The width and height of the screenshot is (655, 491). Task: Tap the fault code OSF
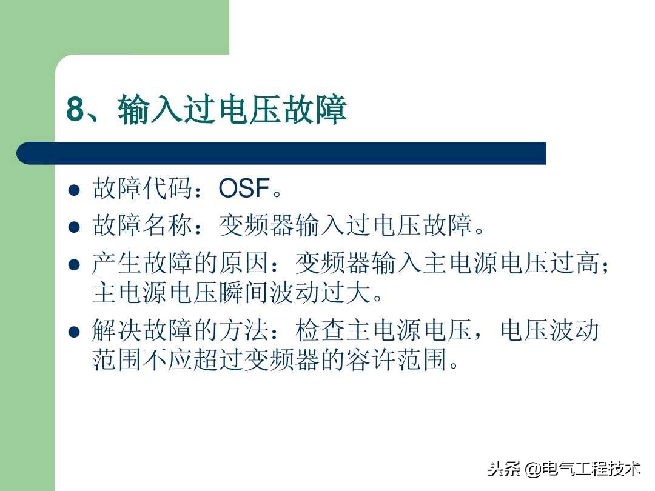click(x=244, y=189)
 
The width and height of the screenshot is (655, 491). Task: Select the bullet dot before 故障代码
click(x=74, y=190)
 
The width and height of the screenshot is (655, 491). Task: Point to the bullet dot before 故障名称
click(x=74, y=227)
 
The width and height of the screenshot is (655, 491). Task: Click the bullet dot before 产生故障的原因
click(x=74, y=265)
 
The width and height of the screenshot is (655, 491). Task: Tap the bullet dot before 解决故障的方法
click(x=74, y=332)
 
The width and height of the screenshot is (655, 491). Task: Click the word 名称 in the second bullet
click(x=169, y=227)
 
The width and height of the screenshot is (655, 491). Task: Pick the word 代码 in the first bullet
click(x=169, y=189)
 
